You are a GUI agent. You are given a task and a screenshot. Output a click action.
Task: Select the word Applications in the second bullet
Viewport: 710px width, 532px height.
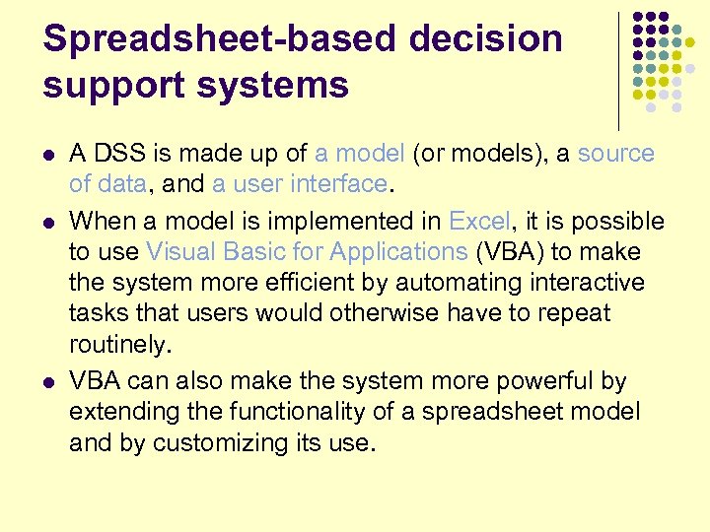pyautogui.click(x=399, y=251)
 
